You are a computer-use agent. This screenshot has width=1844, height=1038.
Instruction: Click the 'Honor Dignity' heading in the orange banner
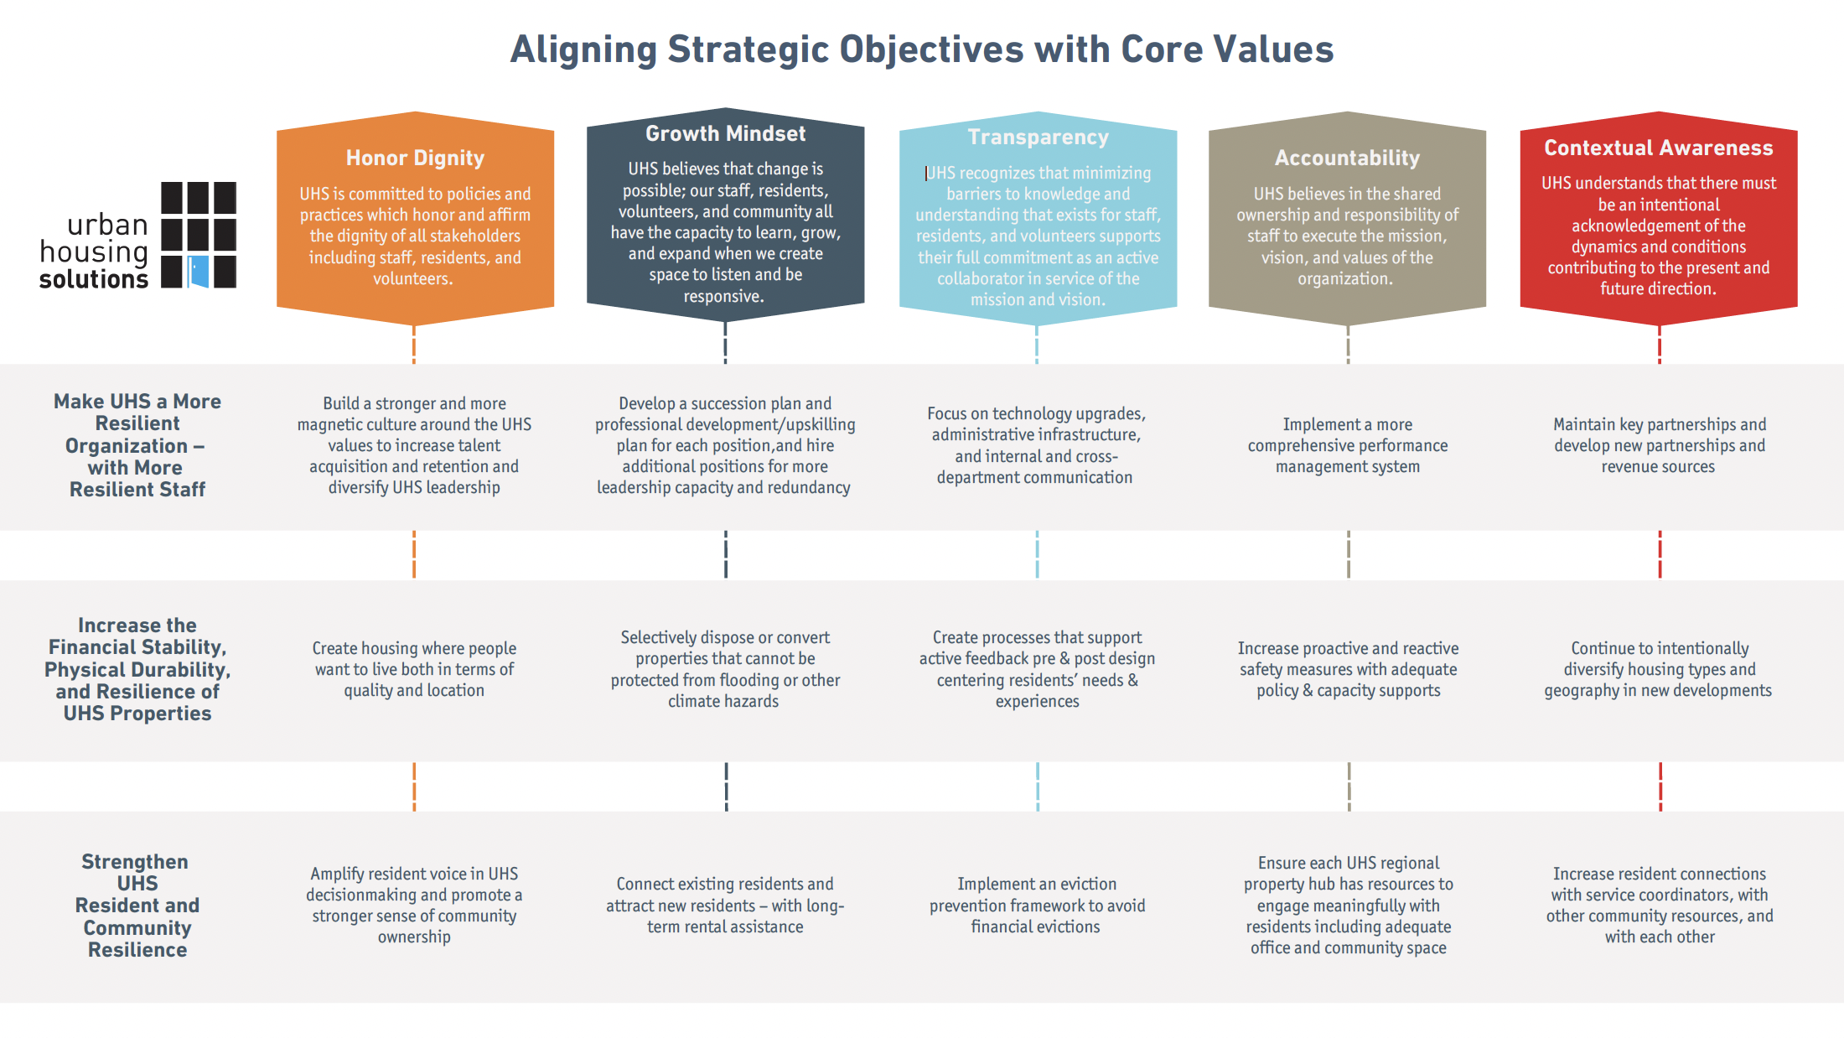[415, 158]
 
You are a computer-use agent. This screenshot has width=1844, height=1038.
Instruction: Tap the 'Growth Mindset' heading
[725, 133]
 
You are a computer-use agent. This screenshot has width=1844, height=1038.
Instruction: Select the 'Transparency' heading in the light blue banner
[1038, 137]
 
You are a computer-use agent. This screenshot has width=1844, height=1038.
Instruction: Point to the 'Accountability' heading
[1347, 158]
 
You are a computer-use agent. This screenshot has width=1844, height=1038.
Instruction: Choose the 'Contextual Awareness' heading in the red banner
[1658, 148]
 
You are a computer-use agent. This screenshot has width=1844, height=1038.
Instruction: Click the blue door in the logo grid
[199, 272]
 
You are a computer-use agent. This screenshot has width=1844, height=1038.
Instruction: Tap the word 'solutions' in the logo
[94, 279]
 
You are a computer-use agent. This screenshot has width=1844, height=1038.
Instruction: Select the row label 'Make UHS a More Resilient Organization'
[137, 445]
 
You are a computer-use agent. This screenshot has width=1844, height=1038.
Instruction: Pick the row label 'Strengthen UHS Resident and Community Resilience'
[137, 906]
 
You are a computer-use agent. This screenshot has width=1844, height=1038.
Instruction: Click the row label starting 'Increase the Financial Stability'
[137, 669]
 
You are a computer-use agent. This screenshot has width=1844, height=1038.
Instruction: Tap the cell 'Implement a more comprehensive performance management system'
[1347, 445]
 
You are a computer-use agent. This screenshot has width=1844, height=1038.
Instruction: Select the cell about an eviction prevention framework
[1037, 906]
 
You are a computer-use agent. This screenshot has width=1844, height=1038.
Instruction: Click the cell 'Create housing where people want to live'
[414, 669]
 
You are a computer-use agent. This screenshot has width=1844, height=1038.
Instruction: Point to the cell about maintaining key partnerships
[1659, 445]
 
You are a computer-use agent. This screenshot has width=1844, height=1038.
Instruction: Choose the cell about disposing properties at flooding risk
[725, 669]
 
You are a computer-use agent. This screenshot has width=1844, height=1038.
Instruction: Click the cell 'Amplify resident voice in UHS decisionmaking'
[414, 906]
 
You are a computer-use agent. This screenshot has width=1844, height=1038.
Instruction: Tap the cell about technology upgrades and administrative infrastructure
[1036, 445]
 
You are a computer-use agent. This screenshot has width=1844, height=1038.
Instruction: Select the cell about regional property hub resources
[1348, 906]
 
